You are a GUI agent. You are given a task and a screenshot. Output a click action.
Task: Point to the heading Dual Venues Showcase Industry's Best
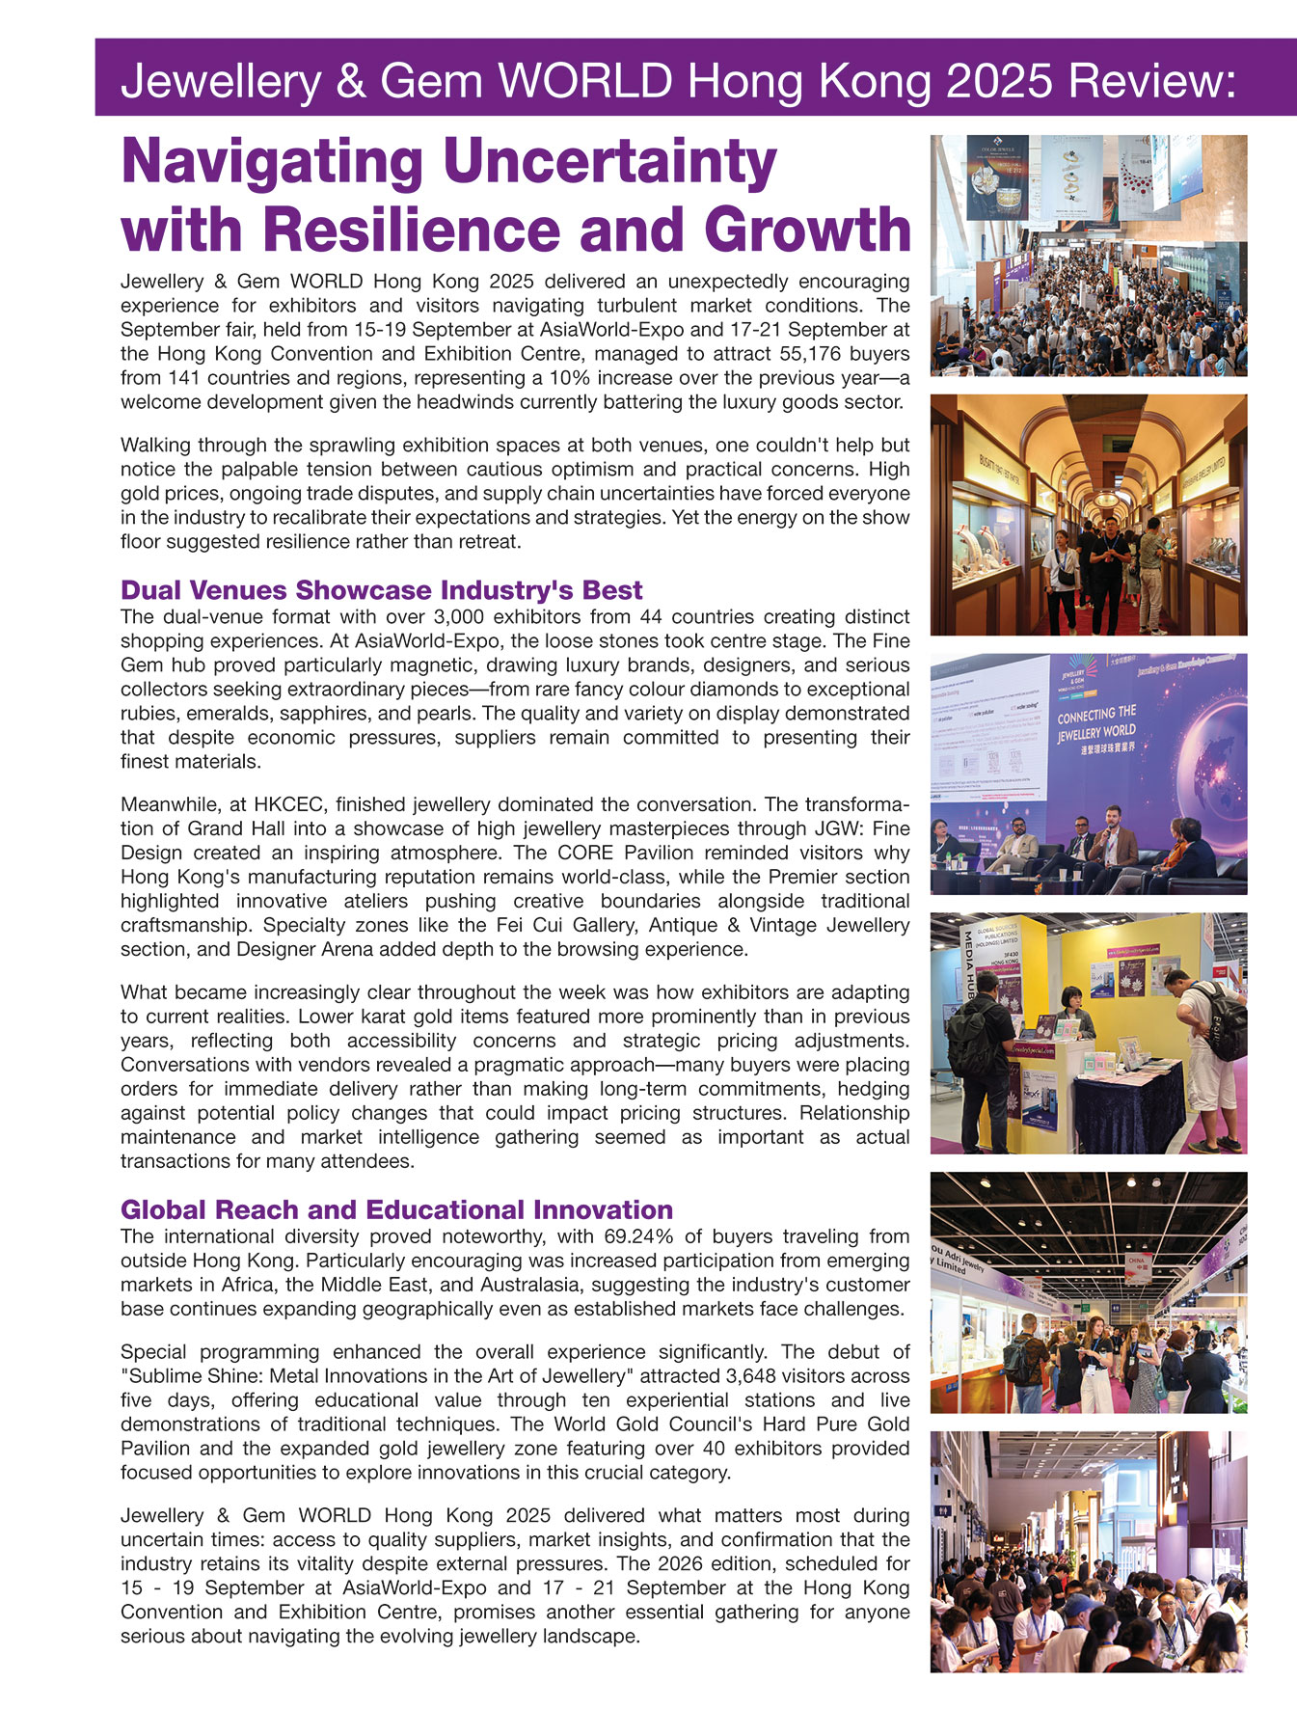381,589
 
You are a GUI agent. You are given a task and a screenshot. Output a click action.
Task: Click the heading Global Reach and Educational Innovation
396,1209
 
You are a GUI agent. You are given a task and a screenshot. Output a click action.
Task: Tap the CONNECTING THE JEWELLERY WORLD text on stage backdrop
1096,729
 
